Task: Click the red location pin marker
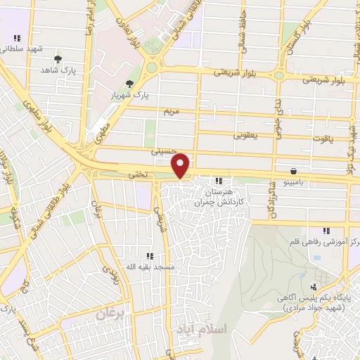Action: click(181, 165)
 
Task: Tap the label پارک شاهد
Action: click(57, 71)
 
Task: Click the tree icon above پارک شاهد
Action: click(58, 59)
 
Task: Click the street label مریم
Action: click(173, 111)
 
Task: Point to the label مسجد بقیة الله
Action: click(148, 267)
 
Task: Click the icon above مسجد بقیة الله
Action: click(149, 256)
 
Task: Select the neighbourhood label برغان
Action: click(109, 315)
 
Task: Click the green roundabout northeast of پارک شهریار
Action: click(151, 68)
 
